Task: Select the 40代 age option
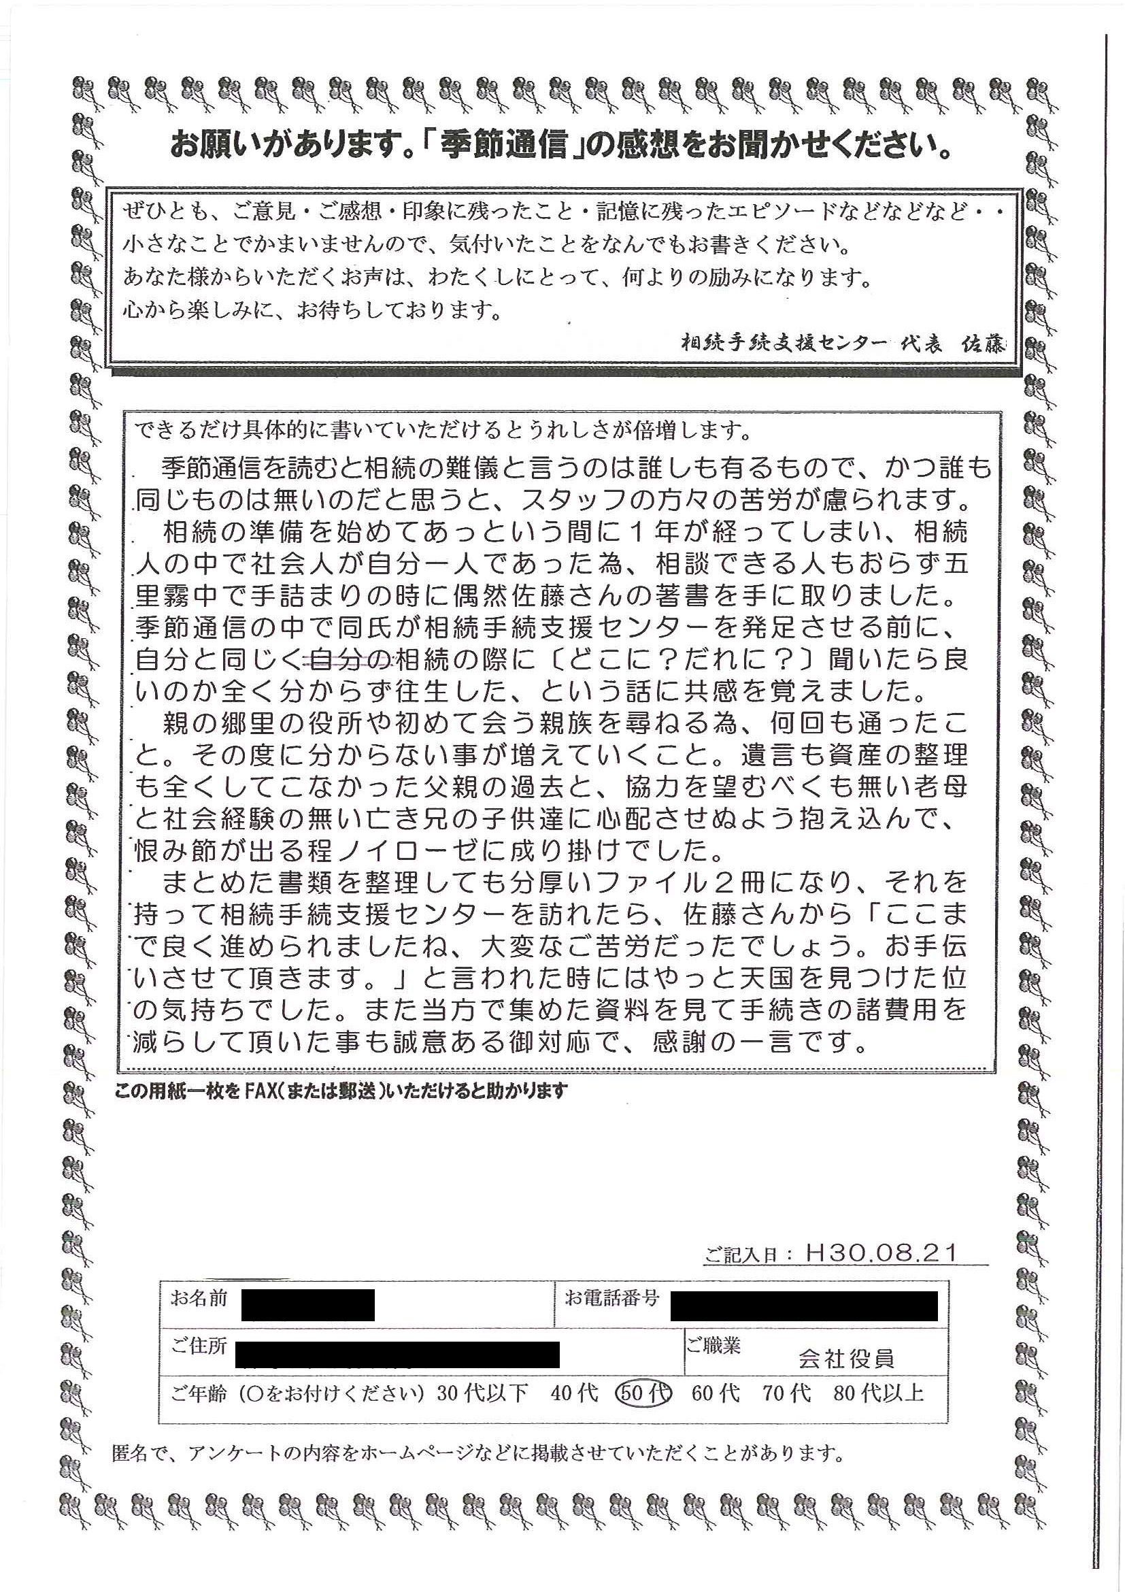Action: (x=575, y=1392)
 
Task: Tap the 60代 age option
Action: (x=716, y=1392)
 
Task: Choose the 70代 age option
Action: (x=787, y=1392)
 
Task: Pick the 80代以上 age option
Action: (x=878, y=1392)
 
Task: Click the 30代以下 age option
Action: (x=482, y=1392)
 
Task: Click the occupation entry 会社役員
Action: (x=845, y=1359)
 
